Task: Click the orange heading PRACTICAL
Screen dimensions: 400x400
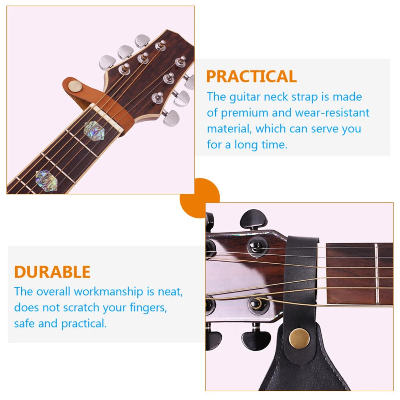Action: (x=251, y=76)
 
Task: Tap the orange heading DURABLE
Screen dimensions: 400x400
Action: (x=52, y=272)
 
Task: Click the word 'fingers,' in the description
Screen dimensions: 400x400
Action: (x=148, y=308)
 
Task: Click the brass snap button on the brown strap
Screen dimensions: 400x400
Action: (x=75, y=86)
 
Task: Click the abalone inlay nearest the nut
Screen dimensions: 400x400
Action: (x=94, y=131)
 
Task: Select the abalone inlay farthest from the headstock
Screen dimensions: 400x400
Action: (x=46, y=180)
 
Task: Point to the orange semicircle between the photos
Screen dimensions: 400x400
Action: (x=200, y=198)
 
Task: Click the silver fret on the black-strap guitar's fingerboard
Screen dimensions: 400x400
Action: (x=376, y=274)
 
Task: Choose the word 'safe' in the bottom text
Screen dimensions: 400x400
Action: (x=24, y=324)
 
